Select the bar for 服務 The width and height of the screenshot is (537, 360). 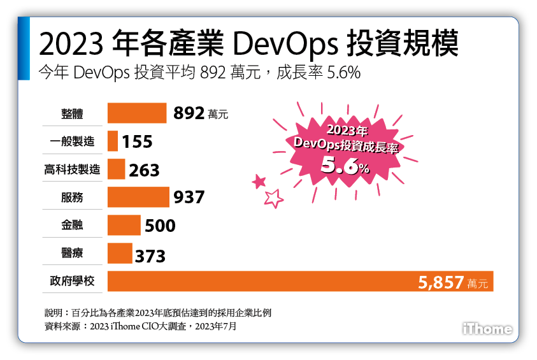tap(138, 197)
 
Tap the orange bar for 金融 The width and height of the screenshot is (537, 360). tap(124, 225)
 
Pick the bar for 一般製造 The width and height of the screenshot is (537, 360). tap(113, 141)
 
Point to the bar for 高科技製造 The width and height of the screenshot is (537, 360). tap(117, 169)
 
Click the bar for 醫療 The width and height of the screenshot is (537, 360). tap(120, 253)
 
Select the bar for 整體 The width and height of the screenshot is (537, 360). tap(137, 113)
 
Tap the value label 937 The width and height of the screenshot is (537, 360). tap(189, 198)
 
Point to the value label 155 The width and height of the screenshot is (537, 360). tap(137, 141)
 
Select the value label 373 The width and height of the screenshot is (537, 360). tap(150, 256)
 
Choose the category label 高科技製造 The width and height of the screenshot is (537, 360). tap(72, 169)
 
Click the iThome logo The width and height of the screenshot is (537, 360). tap(487, 329)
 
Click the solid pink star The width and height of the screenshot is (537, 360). tap(259, 182)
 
